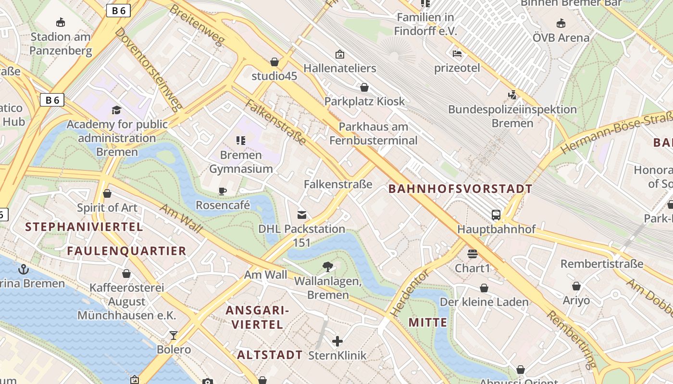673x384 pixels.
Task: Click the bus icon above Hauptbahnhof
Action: (496, 215)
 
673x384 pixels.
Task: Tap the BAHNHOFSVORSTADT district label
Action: (460, 189)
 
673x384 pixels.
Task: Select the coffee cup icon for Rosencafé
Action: (223, 191)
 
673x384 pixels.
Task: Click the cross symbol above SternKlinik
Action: (337, 341)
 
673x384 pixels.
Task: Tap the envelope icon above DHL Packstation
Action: (302, 215)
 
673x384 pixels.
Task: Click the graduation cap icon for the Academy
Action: (116, 110)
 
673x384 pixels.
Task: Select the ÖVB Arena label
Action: (561, 37)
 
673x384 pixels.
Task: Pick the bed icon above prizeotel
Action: (457, 53)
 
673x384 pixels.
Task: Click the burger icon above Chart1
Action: (472, 253)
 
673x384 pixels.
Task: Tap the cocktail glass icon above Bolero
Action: (174, 335)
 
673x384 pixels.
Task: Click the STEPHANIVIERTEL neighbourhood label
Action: (84, 227)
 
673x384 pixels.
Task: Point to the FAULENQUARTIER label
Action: (126, 251)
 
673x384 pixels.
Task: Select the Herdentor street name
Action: (409, 293)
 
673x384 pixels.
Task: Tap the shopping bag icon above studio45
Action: (274, 62)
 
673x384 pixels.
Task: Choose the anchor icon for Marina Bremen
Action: (23, 269)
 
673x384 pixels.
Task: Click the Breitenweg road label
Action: (197, 25)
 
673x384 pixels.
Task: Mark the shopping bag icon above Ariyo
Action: (576, 286)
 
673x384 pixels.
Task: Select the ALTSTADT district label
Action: (270, 355)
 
